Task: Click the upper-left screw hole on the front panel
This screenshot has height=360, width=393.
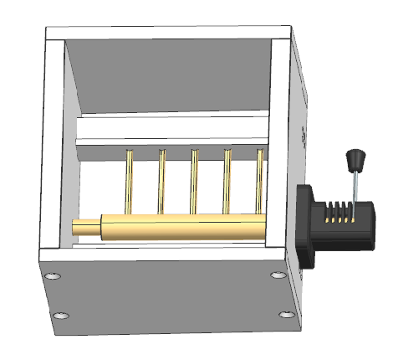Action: point(54,275)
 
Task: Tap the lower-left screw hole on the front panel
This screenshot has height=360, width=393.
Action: point(61,316)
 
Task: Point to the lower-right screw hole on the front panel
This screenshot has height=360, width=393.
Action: point(286,315)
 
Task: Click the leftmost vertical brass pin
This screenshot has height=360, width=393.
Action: point(130,180)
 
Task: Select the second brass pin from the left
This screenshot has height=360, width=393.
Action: point(161,180)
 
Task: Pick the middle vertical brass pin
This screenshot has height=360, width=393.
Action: point(194,180)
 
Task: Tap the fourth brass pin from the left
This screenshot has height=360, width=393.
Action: point(226,180)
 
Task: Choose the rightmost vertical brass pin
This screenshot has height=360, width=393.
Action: point(260,180)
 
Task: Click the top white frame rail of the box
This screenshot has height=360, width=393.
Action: point(167,35)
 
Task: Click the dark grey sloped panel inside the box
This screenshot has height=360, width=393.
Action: point(167,80)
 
